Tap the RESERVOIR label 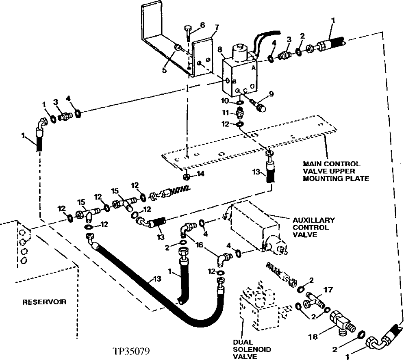click(44, 302)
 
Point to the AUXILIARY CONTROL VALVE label click(313, 228)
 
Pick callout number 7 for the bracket click(217, 28)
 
